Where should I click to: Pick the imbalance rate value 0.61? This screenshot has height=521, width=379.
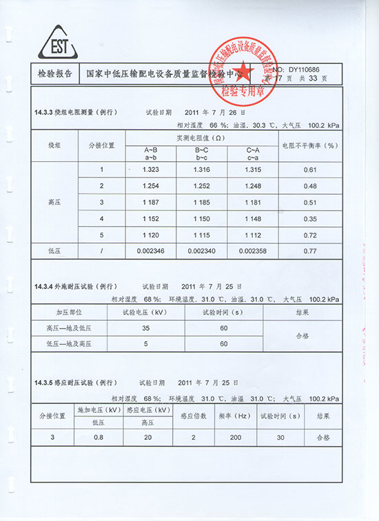[x=310, y=169]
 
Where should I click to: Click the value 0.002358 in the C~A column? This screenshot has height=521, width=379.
[x=253, y=251]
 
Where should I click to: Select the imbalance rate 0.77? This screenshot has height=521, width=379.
[x=310, y=251]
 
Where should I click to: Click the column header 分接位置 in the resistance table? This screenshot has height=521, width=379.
[x=101, y=145]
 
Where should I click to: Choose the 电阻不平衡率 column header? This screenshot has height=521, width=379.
[x=311, y=145]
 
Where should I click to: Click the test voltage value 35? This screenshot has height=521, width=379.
[x=145, y=329]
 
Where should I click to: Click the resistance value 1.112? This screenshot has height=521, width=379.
[x=253, y=235]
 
